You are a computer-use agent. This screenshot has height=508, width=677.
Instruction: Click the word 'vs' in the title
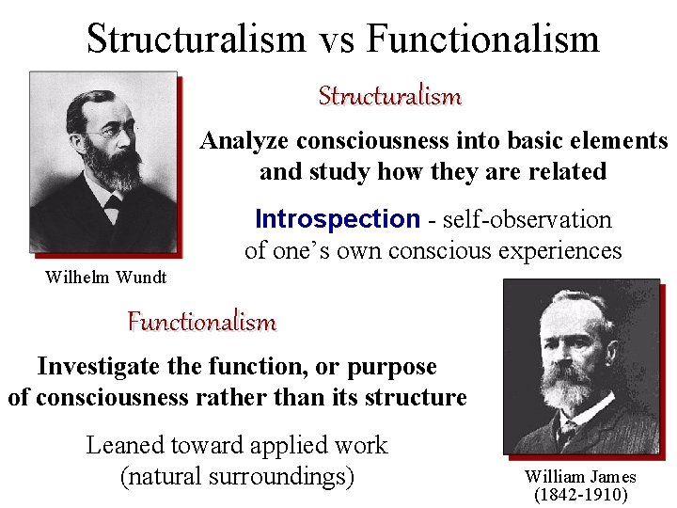click(x=336, y=40)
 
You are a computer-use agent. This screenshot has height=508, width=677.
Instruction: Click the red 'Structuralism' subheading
click(x=389, y=96)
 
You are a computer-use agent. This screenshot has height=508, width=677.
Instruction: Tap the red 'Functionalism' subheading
click(x=201, y=322)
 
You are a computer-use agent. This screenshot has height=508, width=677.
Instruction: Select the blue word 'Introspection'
click(x=337, y=219)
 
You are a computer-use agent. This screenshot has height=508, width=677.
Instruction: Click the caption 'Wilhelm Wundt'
click(x=105, y=277)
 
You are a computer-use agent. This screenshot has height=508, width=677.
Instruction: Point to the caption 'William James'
click(x=580, y=477)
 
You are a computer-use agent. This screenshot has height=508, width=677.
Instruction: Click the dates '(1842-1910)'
click(x=580, y=494)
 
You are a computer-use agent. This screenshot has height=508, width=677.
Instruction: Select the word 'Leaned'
click(x=124, y=445)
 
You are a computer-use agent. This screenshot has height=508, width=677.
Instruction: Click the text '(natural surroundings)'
click(x=237, y=476)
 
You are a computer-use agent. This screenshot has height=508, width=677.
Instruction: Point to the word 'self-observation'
click(x=527, y=219)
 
